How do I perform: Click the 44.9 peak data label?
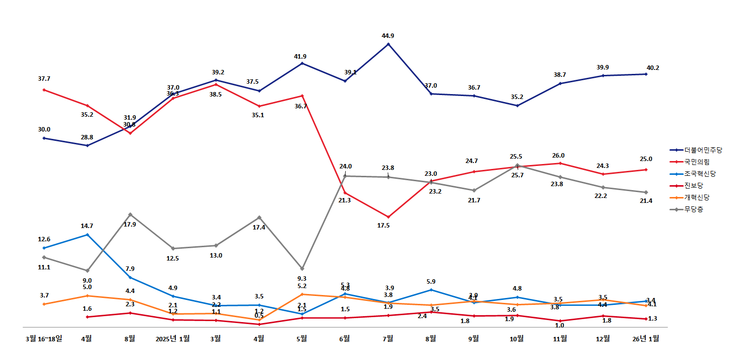coord(388,36)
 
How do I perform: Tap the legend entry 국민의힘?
coord(696,162)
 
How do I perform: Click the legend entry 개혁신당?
coord(696,197)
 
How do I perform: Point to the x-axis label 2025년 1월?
coord(172,338)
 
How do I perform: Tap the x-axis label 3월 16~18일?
coord(44,338)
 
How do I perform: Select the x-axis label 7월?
coord(388,338)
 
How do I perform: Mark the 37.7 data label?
coord(44,79)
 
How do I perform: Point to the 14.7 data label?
coord(87,226)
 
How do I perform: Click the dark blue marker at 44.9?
coord(389,44)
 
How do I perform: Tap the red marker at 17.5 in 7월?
coord(389,217)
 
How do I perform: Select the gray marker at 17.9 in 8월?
coord(130,215)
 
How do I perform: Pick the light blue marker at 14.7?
coord(87,235)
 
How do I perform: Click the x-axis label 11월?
coord(560,338)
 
